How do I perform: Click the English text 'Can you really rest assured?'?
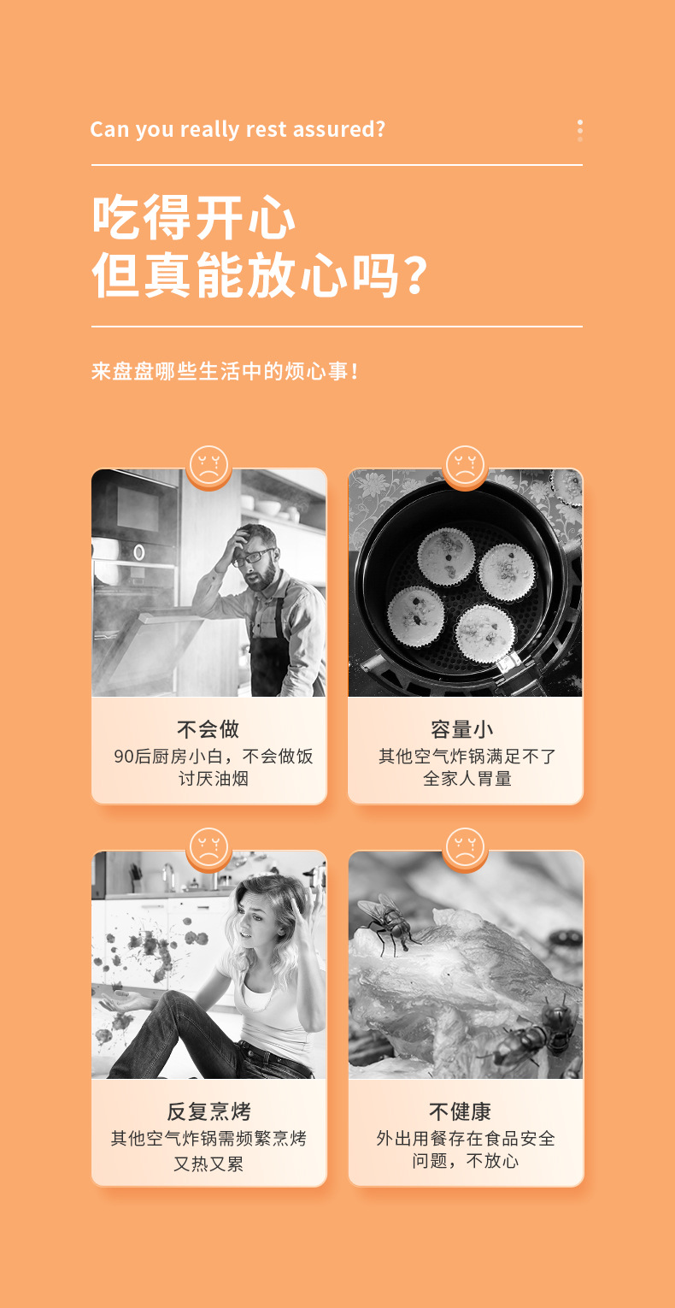tap(238, 129)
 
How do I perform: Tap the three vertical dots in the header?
tap(580, 130)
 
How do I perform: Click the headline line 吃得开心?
tap(194, 220)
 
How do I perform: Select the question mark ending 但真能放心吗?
tap(414, 275)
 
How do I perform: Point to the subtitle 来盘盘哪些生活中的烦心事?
tap(224, 372)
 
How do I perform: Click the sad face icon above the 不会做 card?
tap(208, 467)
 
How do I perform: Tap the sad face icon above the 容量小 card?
tap(465, 467)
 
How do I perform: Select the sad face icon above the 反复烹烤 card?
tap(208, 849)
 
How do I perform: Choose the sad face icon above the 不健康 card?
tap(465, 849)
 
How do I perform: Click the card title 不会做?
tap(208, 729)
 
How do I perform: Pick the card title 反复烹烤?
tap(208, 1111)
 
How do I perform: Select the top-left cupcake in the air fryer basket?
tap(446, 557)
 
